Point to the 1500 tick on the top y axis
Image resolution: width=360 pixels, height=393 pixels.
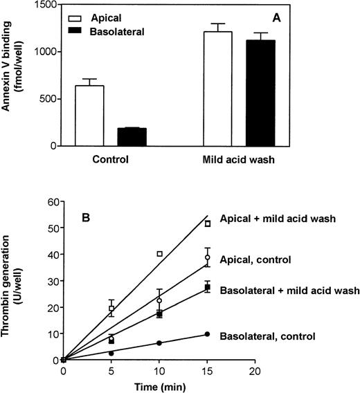pyautogui.click(x=50, y=6)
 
